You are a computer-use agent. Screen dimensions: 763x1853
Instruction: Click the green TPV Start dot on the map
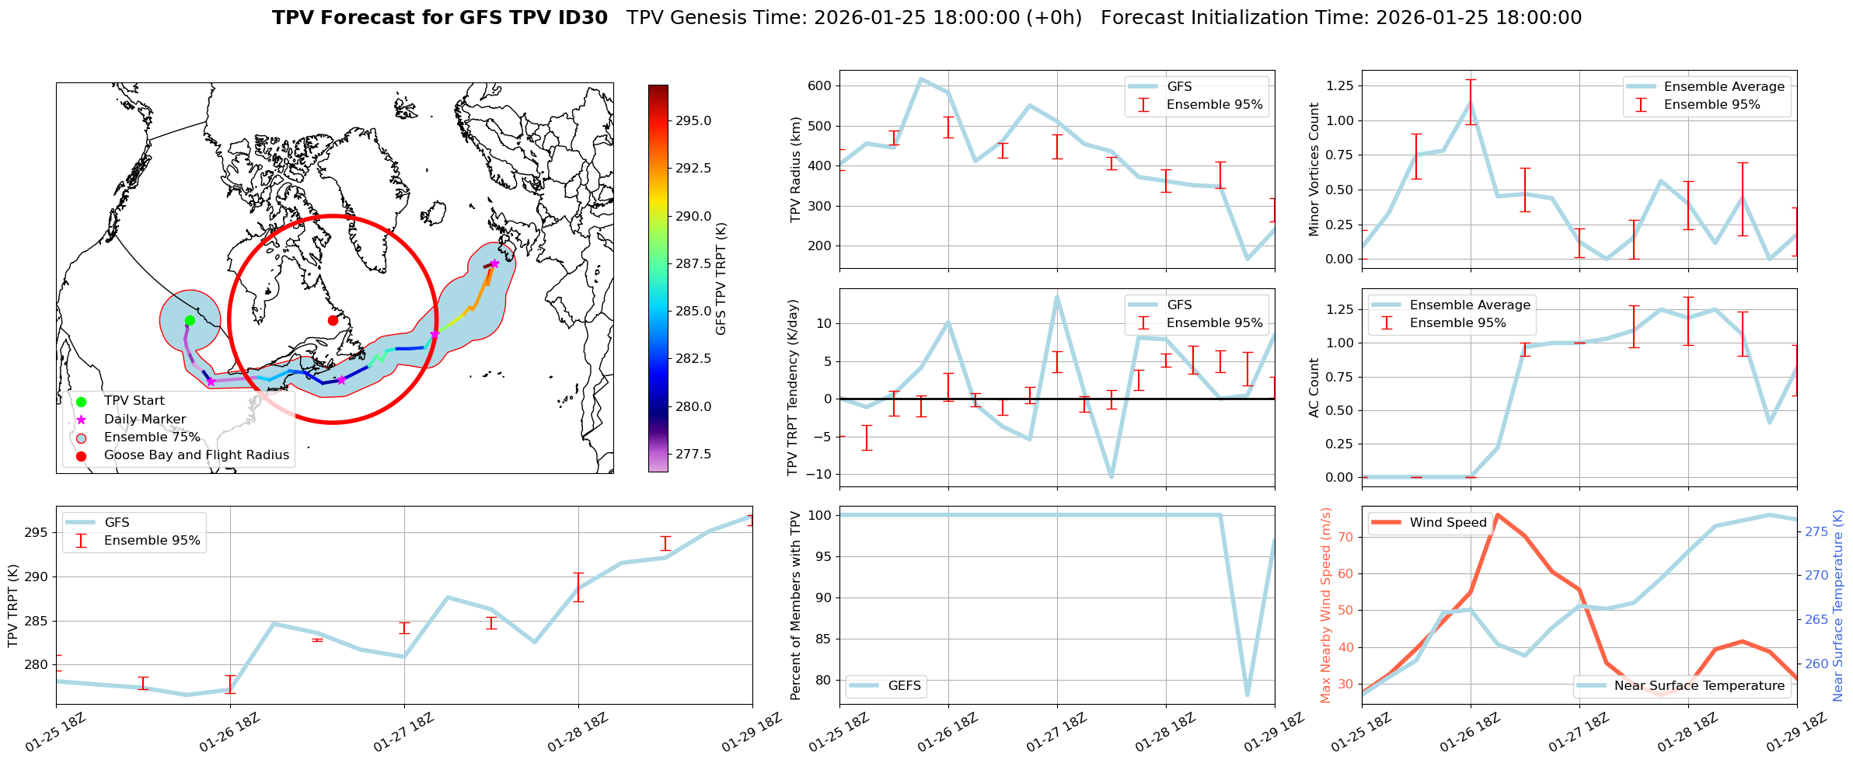pos(190,320)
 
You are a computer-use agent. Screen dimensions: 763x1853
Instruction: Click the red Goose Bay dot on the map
pos(333,320)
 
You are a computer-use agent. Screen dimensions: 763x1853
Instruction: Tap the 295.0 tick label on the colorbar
pos(693,121)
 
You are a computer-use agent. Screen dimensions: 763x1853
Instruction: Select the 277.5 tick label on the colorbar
pos(693,455)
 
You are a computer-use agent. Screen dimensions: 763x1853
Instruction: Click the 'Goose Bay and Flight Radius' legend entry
pos(196,455)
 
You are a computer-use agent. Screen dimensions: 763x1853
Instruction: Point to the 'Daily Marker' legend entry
pos(145,420)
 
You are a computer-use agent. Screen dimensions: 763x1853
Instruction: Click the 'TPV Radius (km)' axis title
pos(795,169)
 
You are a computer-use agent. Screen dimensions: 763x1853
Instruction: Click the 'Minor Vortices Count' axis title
pos(1314,169)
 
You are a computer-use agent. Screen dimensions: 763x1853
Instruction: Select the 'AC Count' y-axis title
pos(1314,388)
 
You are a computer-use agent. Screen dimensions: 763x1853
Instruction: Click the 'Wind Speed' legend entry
pos(1448,523)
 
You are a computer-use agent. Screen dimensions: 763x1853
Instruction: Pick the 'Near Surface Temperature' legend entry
pos(1699,686)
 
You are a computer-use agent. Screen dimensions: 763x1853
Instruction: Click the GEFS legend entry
pos(904,686)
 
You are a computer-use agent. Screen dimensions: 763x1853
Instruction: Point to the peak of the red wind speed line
pos(1498,514)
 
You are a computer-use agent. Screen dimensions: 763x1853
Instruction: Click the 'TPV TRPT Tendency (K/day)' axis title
pos(793,388)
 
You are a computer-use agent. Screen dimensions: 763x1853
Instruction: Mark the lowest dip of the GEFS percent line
pos(1248,695)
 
